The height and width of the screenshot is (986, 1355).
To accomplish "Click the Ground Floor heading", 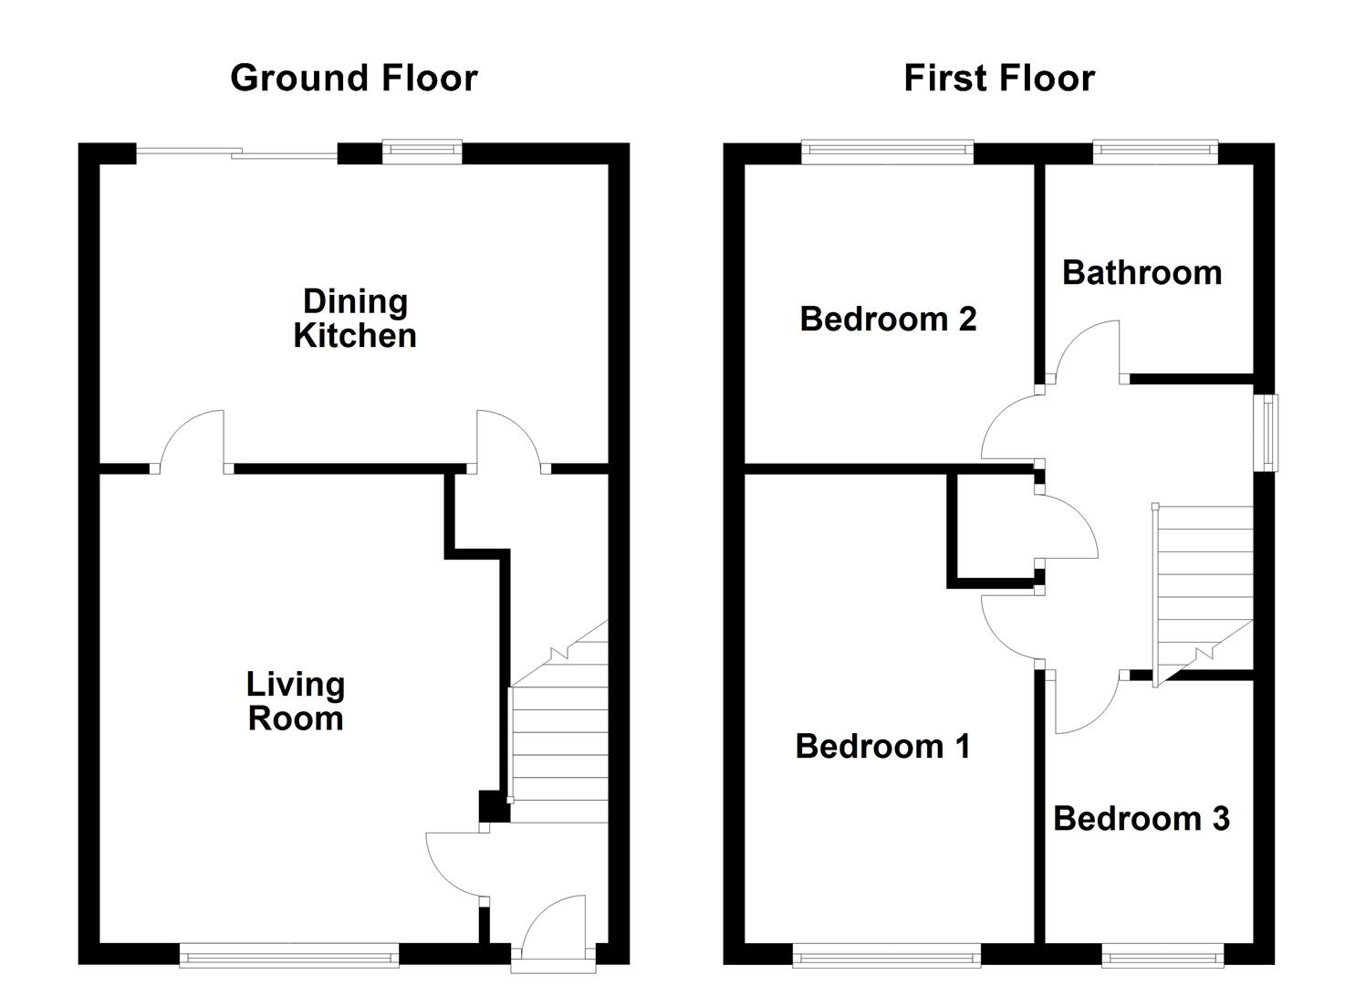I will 353,79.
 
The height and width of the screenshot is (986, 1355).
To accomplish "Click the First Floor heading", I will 998,79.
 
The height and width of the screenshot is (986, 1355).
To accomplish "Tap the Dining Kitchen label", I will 355,319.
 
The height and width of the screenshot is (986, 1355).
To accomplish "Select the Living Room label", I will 296,701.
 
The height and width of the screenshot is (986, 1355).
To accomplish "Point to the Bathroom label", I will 1141,273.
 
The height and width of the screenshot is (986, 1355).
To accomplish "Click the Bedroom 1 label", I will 882,747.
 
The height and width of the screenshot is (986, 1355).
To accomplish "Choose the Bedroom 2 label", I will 888,320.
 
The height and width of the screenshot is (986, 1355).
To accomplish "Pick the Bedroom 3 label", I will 1141,819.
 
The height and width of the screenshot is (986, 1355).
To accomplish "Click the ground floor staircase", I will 558,739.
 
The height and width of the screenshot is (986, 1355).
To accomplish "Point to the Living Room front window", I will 289,957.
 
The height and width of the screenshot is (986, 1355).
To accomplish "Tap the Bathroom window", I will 1155,152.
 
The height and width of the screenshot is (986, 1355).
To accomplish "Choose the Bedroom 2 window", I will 887,152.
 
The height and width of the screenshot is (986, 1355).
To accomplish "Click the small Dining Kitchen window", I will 422,152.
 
